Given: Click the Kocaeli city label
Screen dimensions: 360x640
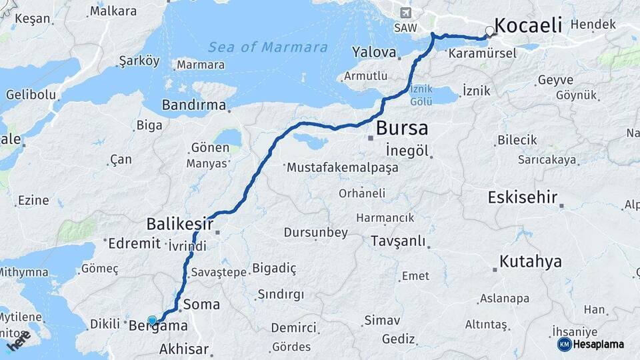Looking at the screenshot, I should pos(529,26).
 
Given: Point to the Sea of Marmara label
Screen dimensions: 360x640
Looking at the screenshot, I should pos(268,47).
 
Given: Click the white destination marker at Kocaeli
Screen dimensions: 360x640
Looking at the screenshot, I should pos(490,31).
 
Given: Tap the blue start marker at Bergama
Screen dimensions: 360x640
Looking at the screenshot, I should pos(152,321).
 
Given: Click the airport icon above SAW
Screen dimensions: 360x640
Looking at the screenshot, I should pos(405,13).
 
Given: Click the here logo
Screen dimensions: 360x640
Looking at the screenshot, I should pos(18,341).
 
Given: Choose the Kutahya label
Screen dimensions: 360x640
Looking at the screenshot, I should pos(531,261).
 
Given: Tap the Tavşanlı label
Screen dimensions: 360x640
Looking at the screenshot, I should pos(398,241).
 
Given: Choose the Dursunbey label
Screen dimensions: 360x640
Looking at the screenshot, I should pos(316,233).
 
